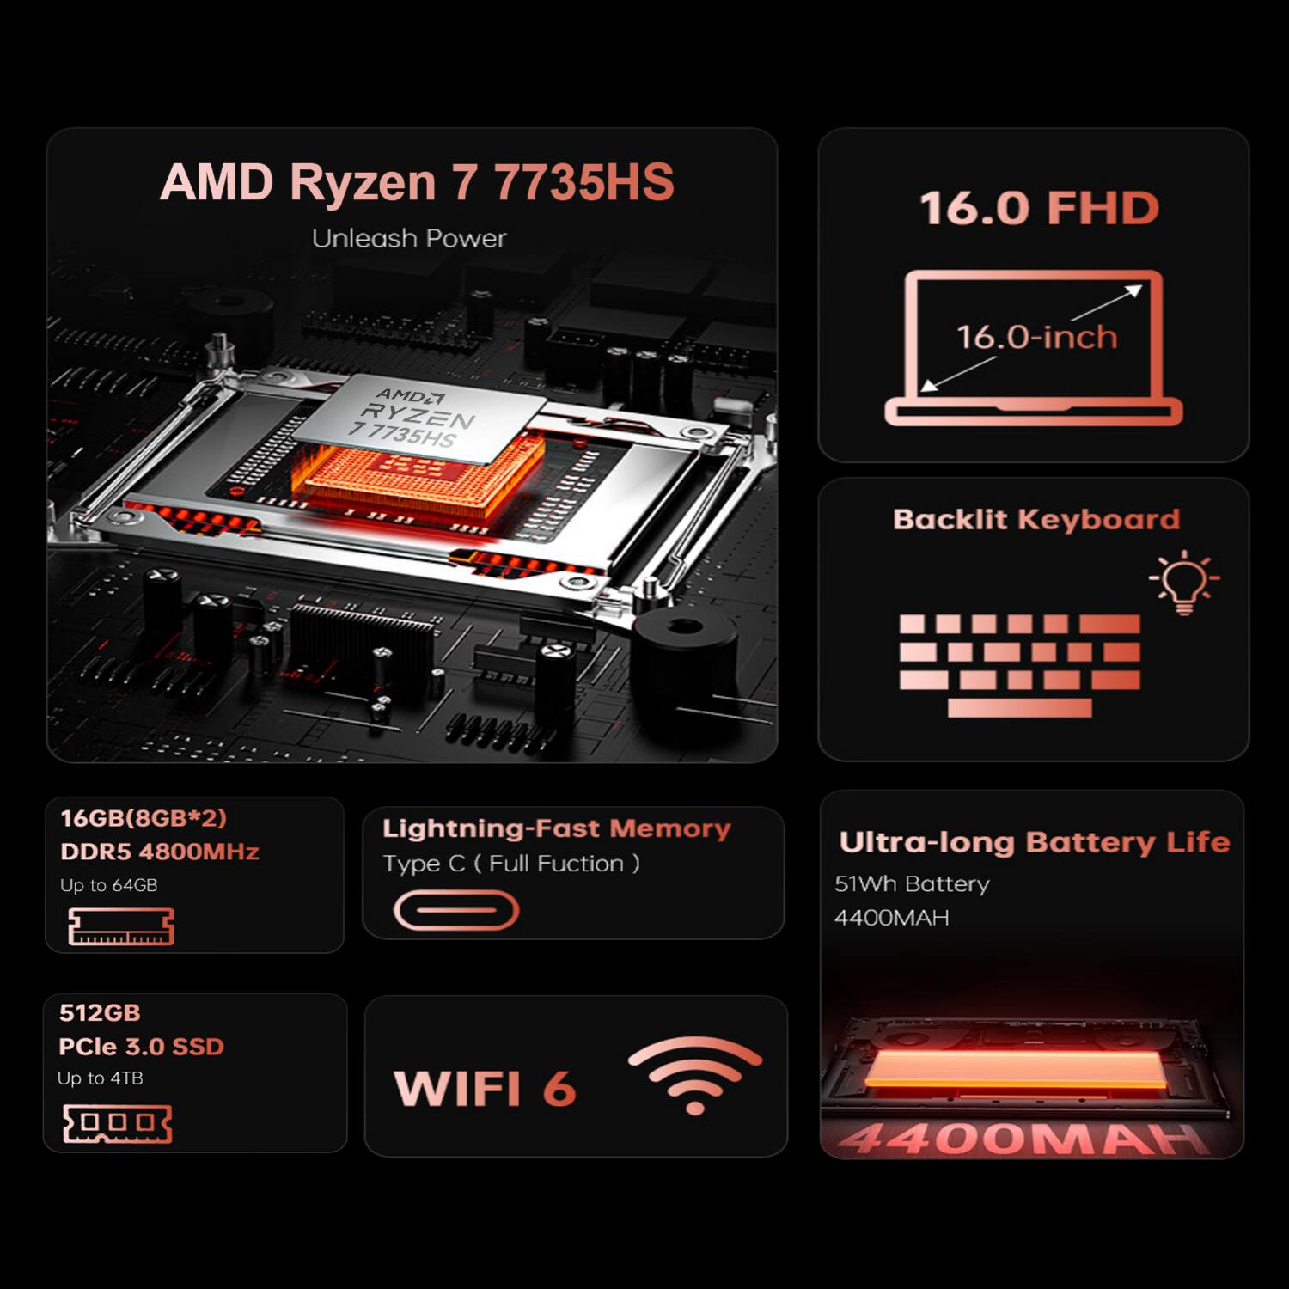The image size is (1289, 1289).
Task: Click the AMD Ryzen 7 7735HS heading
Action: point(417,182)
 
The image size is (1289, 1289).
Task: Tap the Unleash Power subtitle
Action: point(409,239)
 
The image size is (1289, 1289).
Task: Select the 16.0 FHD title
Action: point(1040,209)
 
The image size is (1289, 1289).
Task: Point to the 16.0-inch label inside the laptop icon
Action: point(1037,337)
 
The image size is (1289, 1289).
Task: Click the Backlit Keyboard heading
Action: point(1036,520)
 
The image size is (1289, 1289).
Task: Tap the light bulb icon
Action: point(1184,582)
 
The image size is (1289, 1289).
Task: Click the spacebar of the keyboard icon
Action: point(1020,708)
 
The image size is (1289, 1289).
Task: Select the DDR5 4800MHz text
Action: point(160,852)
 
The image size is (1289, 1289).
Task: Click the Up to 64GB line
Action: point(109,885)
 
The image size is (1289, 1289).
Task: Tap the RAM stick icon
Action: point(121,927)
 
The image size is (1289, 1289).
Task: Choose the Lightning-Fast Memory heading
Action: point(557,828)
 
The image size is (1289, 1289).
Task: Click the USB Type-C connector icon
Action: point(456,911)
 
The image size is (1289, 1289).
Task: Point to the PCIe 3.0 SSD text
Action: point(142,1047)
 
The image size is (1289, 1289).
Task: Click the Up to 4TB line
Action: point(101,1078)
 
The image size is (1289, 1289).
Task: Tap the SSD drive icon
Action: point(118,1124)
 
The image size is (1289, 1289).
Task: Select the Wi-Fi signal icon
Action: point(695,1074)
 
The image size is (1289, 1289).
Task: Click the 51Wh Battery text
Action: point(912,884)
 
